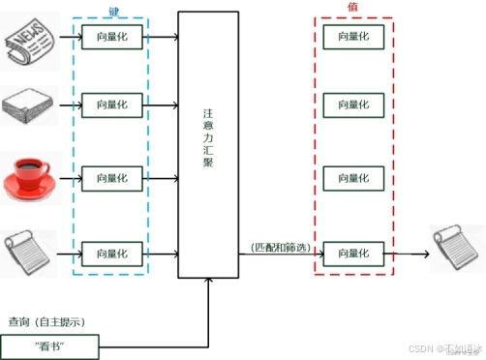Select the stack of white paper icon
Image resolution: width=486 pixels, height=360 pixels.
(29, 104)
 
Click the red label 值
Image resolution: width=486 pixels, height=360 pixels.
(352, 8)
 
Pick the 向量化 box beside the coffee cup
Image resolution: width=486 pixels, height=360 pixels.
(112, 179)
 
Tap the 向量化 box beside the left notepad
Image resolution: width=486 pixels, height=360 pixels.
(112, 254)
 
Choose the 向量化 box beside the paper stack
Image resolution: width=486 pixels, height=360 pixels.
(112, 104)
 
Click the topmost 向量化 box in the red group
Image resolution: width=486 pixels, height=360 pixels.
(353, 37)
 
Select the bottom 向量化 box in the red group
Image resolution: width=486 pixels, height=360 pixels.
(353, 254)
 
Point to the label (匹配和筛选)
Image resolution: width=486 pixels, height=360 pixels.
(280, 248)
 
